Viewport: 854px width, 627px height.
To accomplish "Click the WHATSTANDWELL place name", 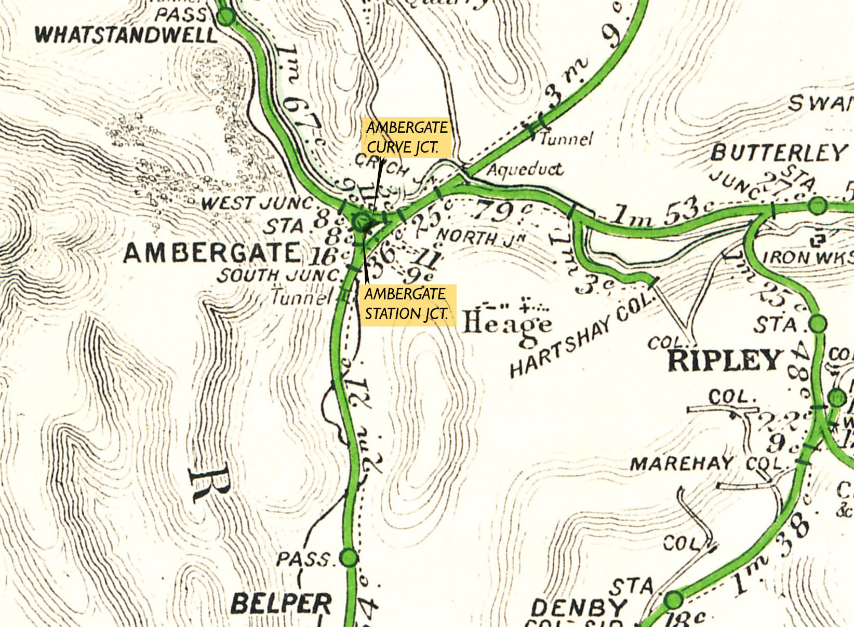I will pos(126,35).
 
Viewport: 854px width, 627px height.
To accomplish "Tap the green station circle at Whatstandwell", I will pos(226,18).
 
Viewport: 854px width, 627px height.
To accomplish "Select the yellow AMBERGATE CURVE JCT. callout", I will pos(406,138).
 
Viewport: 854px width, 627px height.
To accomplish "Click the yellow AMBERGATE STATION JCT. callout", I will pos(406,304).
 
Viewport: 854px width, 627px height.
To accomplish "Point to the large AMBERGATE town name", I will pos(212,253).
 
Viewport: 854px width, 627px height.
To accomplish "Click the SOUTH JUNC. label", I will pos(278,275).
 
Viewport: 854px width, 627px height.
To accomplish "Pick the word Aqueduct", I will pos(525,170).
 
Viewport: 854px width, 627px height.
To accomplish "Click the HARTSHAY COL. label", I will pos(579,337).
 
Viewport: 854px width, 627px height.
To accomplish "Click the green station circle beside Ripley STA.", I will pos(818,324).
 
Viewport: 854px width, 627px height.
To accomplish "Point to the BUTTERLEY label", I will pos(778,153).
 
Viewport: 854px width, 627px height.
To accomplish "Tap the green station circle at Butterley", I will pos(818,206).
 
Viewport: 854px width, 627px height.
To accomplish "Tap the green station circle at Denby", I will pos(674,600).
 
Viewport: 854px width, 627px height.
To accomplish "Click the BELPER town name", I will pos(281,604).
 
